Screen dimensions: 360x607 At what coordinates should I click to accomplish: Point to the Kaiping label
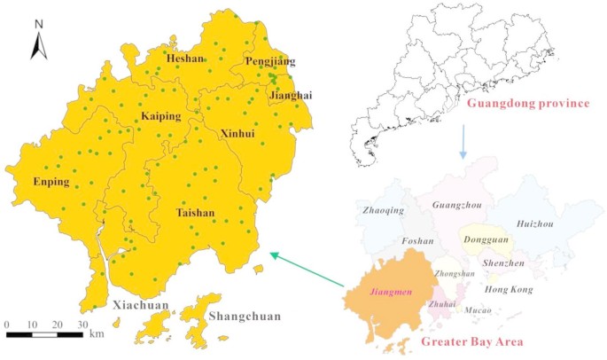(160, 116)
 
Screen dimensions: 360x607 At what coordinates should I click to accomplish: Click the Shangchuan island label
(241, 316)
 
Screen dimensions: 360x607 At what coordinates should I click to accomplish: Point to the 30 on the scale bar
(82, 325)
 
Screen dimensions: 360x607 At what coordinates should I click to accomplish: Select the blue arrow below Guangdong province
(463, 142)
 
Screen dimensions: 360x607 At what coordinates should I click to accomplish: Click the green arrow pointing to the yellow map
(307, 270)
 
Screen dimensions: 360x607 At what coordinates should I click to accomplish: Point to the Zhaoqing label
(384, 210)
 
